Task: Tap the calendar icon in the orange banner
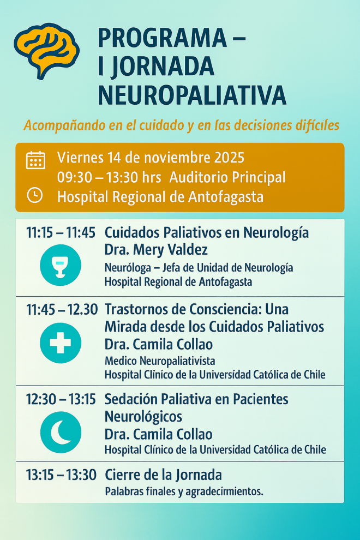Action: pyautogui.click(x=35, y=160)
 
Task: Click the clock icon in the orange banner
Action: pyautogui.click(x=35, y=195)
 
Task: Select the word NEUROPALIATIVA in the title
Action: pyautogui.click(x=191, y=94)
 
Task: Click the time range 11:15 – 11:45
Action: pyautogui.click(x=61, y=232)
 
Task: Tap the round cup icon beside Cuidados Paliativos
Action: pyautogui.click(x=61, y=266)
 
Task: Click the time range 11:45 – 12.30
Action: pyautogui.click(x=62, y=309)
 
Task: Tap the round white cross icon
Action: pyautogui.click(x=61, y=343)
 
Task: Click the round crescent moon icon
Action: pyautogui.click(x=61, y=433)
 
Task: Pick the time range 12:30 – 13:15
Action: pyautogui.click(x=61, y=399)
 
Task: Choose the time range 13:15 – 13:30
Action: pyautogui.click(x=61, y=475)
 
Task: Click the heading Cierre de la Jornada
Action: pyautogui.click(x=163, y=475)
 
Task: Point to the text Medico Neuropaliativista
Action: pyautogui.click(x=160, y=361)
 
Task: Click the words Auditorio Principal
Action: pyautogui.click(x=227, y=177)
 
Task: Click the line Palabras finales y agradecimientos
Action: pyautogui.click(x=184, y=491)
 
